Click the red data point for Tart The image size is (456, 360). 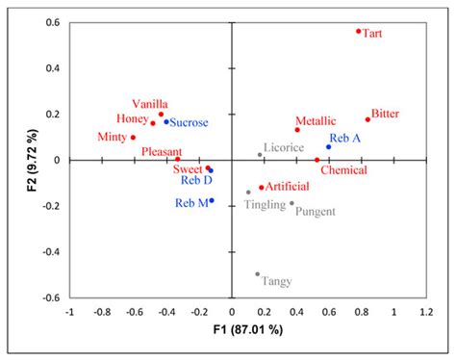click(x=359, y=31)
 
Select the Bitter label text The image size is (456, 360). click(x=385, y=113)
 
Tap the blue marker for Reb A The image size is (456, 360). click(x=328, y=147)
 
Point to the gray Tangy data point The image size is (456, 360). click(x=257, y=274)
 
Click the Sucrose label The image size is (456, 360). click(x=189, y=123)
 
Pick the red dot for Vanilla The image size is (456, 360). click(x=161, y=115)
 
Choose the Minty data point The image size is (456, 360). click(x=133, y=137)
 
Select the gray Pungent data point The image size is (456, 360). click(x=291, y=203)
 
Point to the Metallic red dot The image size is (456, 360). click(x=297, y=130)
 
